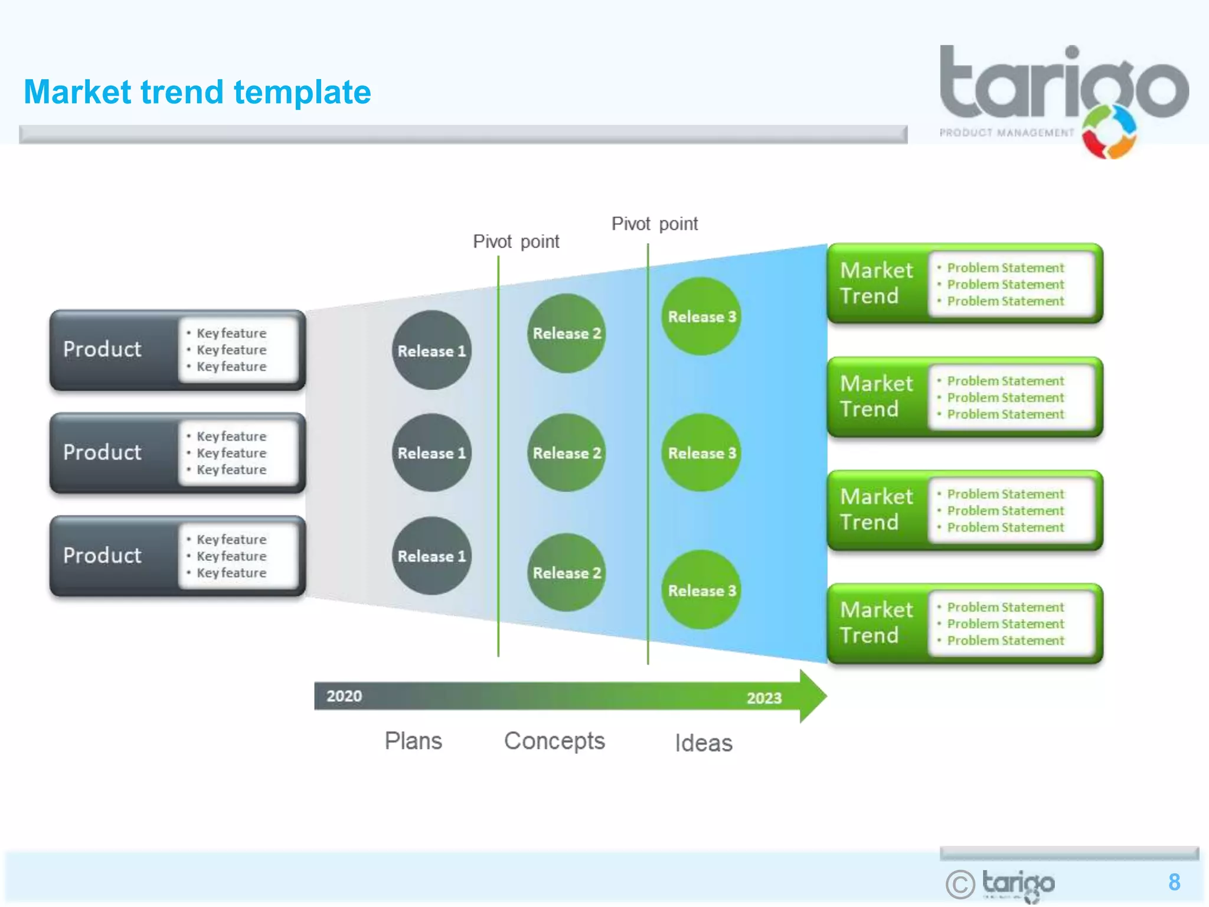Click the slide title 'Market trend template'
coord(197,92)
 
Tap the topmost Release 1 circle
coord(432,350)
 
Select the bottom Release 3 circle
coord(701,590)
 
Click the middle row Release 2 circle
coord(566,453)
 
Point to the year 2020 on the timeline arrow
coord(344,696)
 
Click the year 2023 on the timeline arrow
coord(764,698)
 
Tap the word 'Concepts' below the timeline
coord(554,741)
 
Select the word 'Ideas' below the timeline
coord(704,743)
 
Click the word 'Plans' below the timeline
coord(413,741)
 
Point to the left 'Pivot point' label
coord(516,242)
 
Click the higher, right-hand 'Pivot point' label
coord(654,224)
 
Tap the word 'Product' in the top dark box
coord(102,349)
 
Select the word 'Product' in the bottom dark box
coord(102,555)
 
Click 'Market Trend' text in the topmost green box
coord(876,283)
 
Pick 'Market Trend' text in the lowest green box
coord(876,622)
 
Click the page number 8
coord(1174,882)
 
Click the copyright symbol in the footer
coord(960,884)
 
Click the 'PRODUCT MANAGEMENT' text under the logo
coord(1007,133)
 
